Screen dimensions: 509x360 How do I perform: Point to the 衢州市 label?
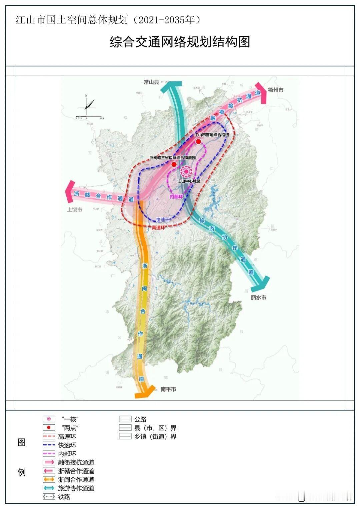tap(276, 90)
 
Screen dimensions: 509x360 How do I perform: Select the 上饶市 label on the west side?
tap(74, 210)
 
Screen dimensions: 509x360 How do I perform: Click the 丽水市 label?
tap(259, 297)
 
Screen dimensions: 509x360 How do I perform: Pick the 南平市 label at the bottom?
tap(168, 389)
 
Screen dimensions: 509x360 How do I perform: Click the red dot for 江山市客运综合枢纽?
tap(198, 142)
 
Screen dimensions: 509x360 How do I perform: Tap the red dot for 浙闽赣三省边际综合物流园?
tap(174, 165)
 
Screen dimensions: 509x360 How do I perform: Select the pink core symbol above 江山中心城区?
tap(186, 172)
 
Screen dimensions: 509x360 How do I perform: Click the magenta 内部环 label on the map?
tap(177, 197)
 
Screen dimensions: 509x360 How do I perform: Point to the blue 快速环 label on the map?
tap(163, 220)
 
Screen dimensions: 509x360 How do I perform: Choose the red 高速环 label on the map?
tap(158, 228)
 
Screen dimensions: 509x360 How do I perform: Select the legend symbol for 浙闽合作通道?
tap(49, 480)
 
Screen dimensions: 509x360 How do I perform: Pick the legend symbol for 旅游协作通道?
tap(49, 488)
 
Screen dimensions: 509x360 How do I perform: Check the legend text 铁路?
tap(64, 497)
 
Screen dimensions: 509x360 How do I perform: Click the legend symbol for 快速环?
tap(49, 445)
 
